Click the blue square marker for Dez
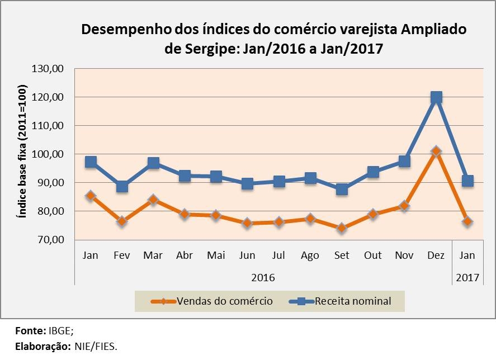coord(436,97)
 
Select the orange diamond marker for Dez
coord(436,151)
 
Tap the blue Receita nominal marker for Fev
coord(122,186)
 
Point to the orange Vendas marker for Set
coord(342,228)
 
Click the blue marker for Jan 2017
coord(467,181)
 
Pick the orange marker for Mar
coord(153,200)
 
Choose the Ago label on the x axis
coord(310,255)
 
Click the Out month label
coord(373,255)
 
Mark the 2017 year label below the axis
coord(467,277)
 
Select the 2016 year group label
coord(263,277)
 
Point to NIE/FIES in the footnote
coord(95,347)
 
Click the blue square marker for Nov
coord(404,162)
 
